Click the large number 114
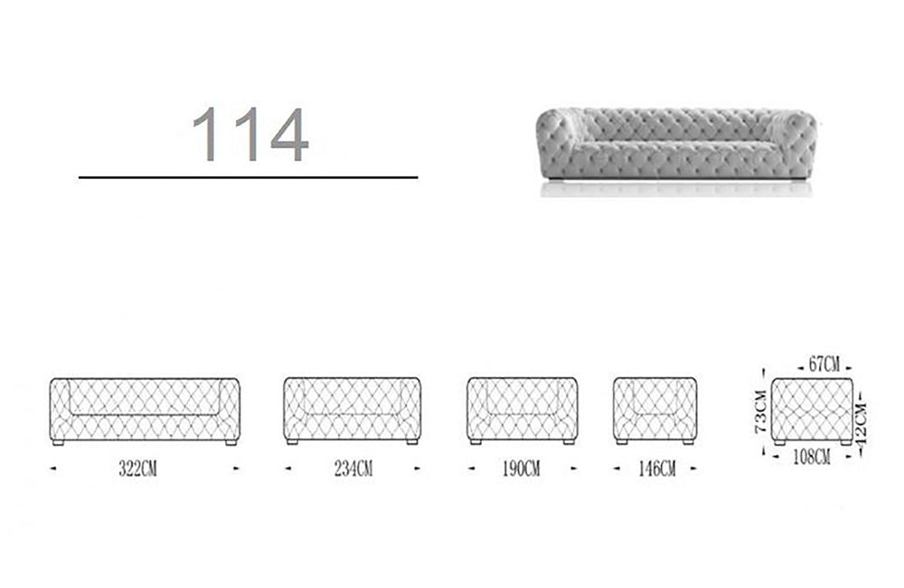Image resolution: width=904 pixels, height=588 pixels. click(x=250, y=134)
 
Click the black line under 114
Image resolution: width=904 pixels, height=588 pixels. click(x=248, y=177)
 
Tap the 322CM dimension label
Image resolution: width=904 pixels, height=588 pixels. click(x=137, y=469)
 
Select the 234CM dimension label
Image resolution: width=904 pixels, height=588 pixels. click(x=353, y=469)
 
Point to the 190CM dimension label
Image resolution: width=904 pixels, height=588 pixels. click(x=522, y=469)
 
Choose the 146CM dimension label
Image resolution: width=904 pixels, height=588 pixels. click(x=656, y=469)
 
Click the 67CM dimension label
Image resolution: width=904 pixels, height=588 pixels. click(x=824, y=365)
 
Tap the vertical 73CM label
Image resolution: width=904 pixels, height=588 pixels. click(x=761, y=411)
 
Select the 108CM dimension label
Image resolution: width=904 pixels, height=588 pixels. click(x=812, y=457)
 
